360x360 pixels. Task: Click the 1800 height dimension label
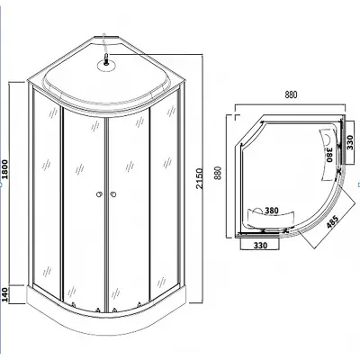(x=5, y=169)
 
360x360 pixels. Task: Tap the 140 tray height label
(x=5, y=295)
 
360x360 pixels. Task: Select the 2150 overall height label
(x=200, y=178)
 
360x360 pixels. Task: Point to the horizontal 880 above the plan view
(x=291, y=94)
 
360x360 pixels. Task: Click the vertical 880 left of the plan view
(x=218, y=173)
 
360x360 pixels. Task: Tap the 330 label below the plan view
(x=260, y=245)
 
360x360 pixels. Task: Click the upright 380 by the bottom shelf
(x=272, y=211)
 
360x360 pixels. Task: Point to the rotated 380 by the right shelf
(x=329, y=155)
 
